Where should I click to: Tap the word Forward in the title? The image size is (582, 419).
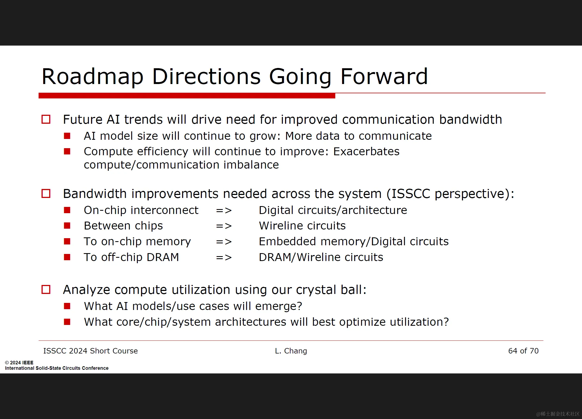click(x=384, y=76)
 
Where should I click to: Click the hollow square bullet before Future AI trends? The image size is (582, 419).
click(x=46, y=119)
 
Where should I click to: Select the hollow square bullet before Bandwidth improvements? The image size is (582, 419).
click(x=46, y=194)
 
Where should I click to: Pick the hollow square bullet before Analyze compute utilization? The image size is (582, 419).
click(x=46, y=290)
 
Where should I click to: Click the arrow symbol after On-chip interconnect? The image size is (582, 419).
click(x=224, y=210)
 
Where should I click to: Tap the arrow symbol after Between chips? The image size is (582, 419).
click(x=224, y=226)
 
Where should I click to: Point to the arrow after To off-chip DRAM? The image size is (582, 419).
click(x=224, y=257)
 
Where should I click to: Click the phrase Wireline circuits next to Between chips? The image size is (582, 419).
click(x=302, y=226)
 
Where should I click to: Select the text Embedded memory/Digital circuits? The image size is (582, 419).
click(x=353, y=241)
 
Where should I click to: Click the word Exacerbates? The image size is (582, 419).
click(x=366, y=151)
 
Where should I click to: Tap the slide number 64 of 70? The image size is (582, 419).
click(x=523, y=351)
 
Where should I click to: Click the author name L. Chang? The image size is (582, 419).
click(x=291, y=351)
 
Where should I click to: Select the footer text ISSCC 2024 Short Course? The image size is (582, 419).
click(x=90, y=351)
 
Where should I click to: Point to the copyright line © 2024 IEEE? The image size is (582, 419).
click(x=19, y=362)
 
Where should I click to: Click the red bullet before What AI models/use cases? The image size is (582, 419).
click(x=67, y=306)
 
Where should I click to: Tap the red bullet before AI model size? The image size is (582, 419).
click(x=67, y=136)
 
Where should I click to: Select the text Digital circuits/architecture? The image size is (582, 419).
click(x=333, y=210)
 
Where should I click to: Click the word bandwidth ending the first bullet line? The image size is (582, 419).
click(x=471, y=119)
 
